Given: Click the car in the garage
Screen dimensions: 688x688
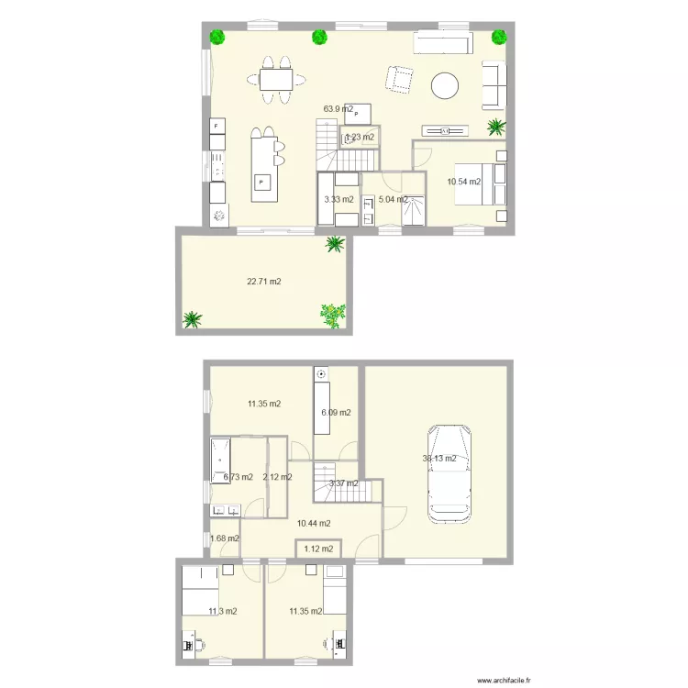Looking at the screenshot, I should click(x=449, y=469).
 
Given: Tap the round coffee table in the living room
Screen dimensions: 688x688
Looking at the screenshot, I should click(x=447, y=85).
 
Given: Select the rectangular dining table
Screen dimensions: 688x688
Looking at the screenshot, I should click(x=276, y=80).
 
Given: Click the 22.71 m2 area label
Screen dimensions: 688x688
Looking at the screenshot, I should click(x=263, y=282).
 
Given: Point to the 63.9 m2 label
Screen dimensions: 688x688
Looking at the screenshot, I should click(x=338, y=108).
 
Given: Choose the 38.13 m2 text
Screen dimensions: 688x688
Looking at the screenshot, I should click(x=438, y=459).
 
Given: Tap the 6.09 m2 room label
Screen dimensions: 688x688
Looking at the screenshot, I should click(x=335, y=412).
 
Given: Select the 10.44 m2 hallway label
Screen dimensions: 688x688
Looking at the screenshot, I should click(x=314, y=523).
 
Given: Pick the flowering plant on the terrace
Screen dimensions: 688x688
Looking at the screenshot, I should click(x=333, y=314).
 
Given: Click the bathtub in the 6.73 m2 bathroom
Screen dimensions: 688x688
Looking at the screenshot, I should click(x=220, y=455).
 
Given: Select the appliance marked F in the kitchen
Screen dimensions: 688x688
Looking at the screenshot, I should click(x=216, y=126).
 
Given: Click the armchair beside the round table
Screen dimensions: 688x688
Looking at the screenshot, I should click(x=399, y=80).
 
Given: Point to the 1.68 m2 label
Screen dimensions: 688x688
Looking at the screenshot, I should click(x=225, y=538).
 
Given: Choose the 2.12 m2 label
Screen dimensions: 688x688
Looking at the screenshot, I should click(x=277, y=477).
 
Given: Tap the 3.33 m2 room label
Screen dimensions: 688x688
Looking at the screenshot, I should click(x=338, y=198).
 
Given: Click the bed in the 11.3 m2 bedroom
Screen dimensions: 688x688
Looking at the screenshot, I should click(x=201, y=590).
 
